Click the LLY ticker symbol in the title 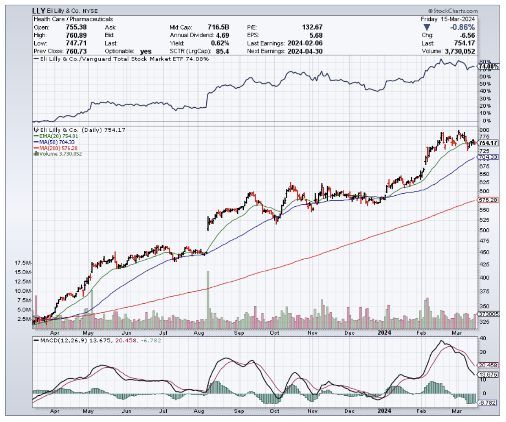tap(39, 11)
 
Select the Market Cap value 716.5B tap(219, 27)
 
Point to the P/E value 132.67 tap(311, 27)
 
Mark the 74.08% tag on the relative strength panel tap(488, 67)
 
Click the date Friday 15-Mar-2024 tap(448, 19)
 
